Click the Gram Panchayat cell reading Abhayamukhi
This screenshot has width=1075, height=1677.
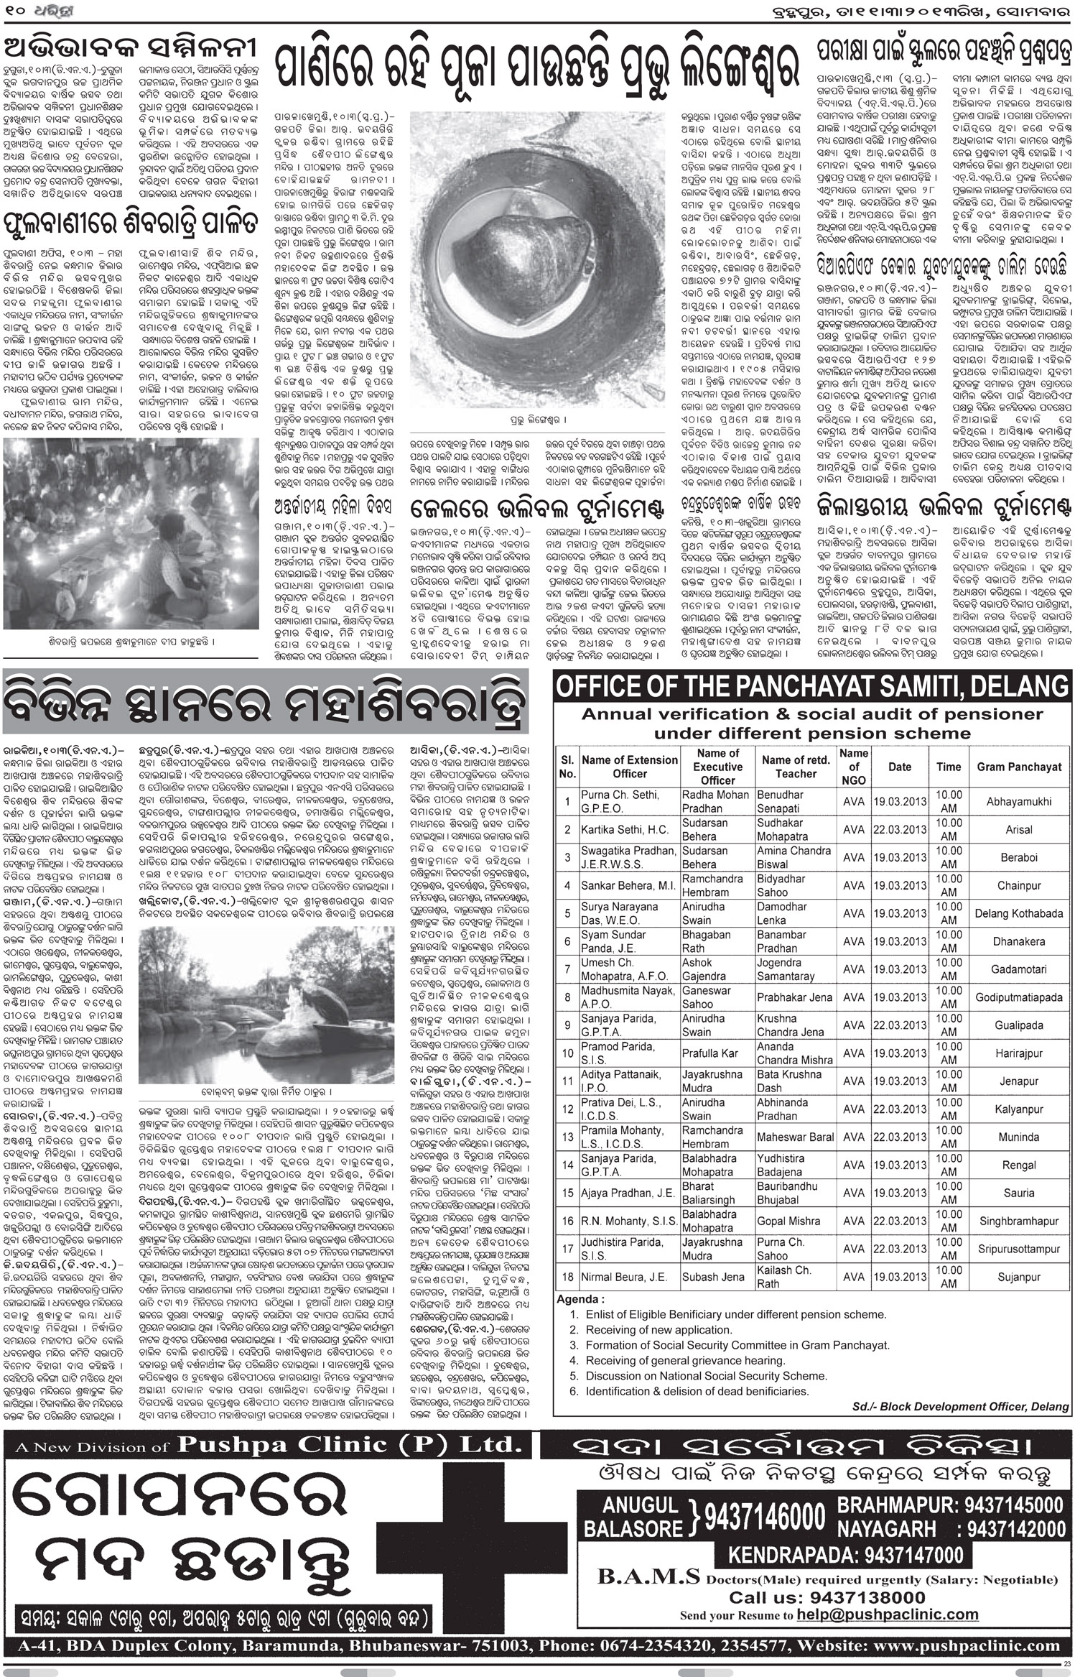tap(1018, 801)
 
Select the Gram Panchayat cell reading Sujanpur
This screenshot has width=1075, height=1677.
tap(1018, 1277)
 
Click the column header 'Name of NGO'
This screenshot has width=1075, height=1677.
tap(853, 767)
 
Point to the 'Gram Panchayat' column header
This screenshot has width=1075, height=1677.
tap(1018, 767)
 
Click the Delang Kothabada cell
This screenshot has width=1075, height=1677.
tap(1018, 913)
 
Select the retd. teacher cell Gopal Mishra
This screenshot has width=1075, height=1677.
tap(788, 1221)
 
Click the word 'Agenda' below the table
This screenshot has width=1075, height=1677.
tap(580, 1299)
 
